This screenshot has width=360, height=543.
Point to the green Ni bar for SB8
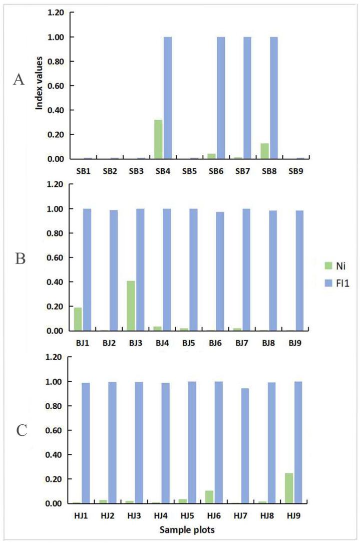click(x=264, y=151)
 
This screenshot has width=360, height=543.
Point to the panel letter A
click(x=19, y=79)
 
